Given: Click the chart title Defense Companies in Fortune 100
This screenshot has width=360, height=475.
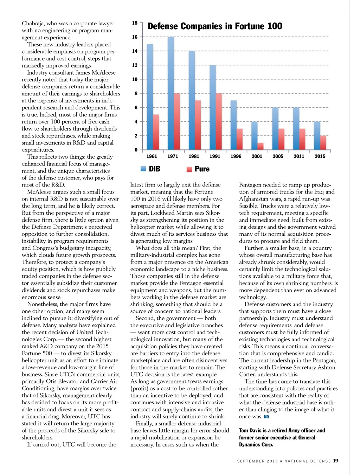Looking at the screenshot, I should pos(215,26).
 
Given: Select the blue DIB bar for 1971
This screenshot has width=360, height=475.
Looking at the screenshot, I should pos(171,93).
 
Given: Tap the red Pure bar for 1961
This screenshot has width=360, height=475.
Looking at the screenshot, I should pos(156,132).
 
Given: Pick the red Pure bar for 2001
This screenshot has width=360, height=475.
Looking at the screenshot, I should pos(261,146).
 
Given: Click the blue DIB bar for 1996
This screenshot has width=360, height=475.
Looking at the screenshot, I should pos(234,125).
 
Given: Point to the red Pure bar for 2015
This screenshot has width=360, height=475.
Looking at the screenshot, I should pos(323,142).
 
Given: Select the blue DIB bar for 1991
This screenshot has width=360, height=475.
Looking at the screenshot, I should pos(213,107).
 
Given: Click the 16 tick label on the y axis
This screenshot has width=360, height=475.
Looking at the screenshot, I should pos(135,37).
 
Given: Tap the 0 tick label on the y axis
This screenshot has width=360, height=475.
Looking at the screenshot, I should pos(136,150).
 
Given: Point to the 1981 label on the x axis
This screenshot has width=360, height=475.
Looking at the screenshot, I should pos(194,157).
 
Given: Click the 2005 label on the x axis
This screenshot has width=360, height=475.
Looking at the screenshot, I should pos(278,157).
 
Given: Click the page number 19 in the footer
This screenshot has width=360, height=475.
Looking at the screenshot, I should pos(336,461).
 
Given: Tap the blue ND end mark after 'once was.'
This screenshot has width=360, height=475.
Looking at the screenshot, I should pos(266,417).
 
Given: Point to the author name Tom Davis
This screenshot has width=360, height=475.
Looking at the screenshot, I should pos(250,431).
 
